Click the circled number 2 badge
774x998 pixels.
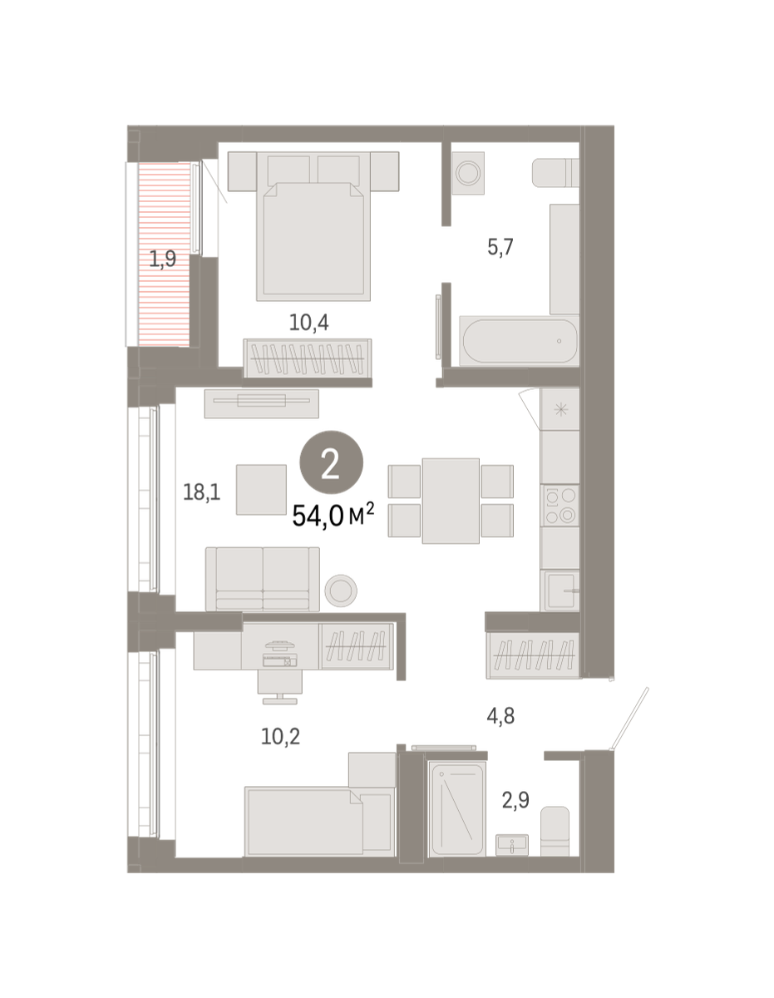point(331,462)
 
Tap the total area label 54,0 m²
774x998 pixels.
point(333,515)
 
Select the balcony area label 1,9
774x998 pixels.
point(163,259)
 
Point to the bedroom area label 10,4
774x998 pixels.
point(308,323)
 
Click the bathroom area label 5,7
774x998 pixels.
point(500,247)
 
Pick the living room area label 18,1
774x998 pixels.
point(202,492)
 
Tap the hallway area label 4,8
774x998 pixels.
point(500,716)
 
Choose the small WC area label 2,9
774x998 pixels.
point(515,800)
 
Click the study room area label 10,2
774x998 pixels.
point(280,737)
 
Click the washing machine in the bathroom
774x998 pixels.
point(468,173)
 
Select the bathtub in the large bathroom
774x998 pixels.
point(520,341)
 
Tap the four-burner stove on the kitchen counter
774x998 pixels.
point(560,505)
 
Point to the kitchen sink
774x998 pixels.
point(560,590)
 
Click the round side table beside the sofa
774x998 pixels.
point(341,590)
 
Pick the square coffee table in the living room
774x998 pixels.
point(261,490)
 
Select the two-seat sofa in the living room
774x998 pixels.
point(263,579)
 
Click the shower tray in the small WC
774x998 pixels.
point(457,808)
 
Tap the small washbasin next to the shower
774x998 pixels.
point(512,845)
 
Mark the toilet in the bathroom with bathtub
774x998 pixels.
point(556,173)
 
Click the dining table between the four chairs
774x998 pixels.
point(451,501)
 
